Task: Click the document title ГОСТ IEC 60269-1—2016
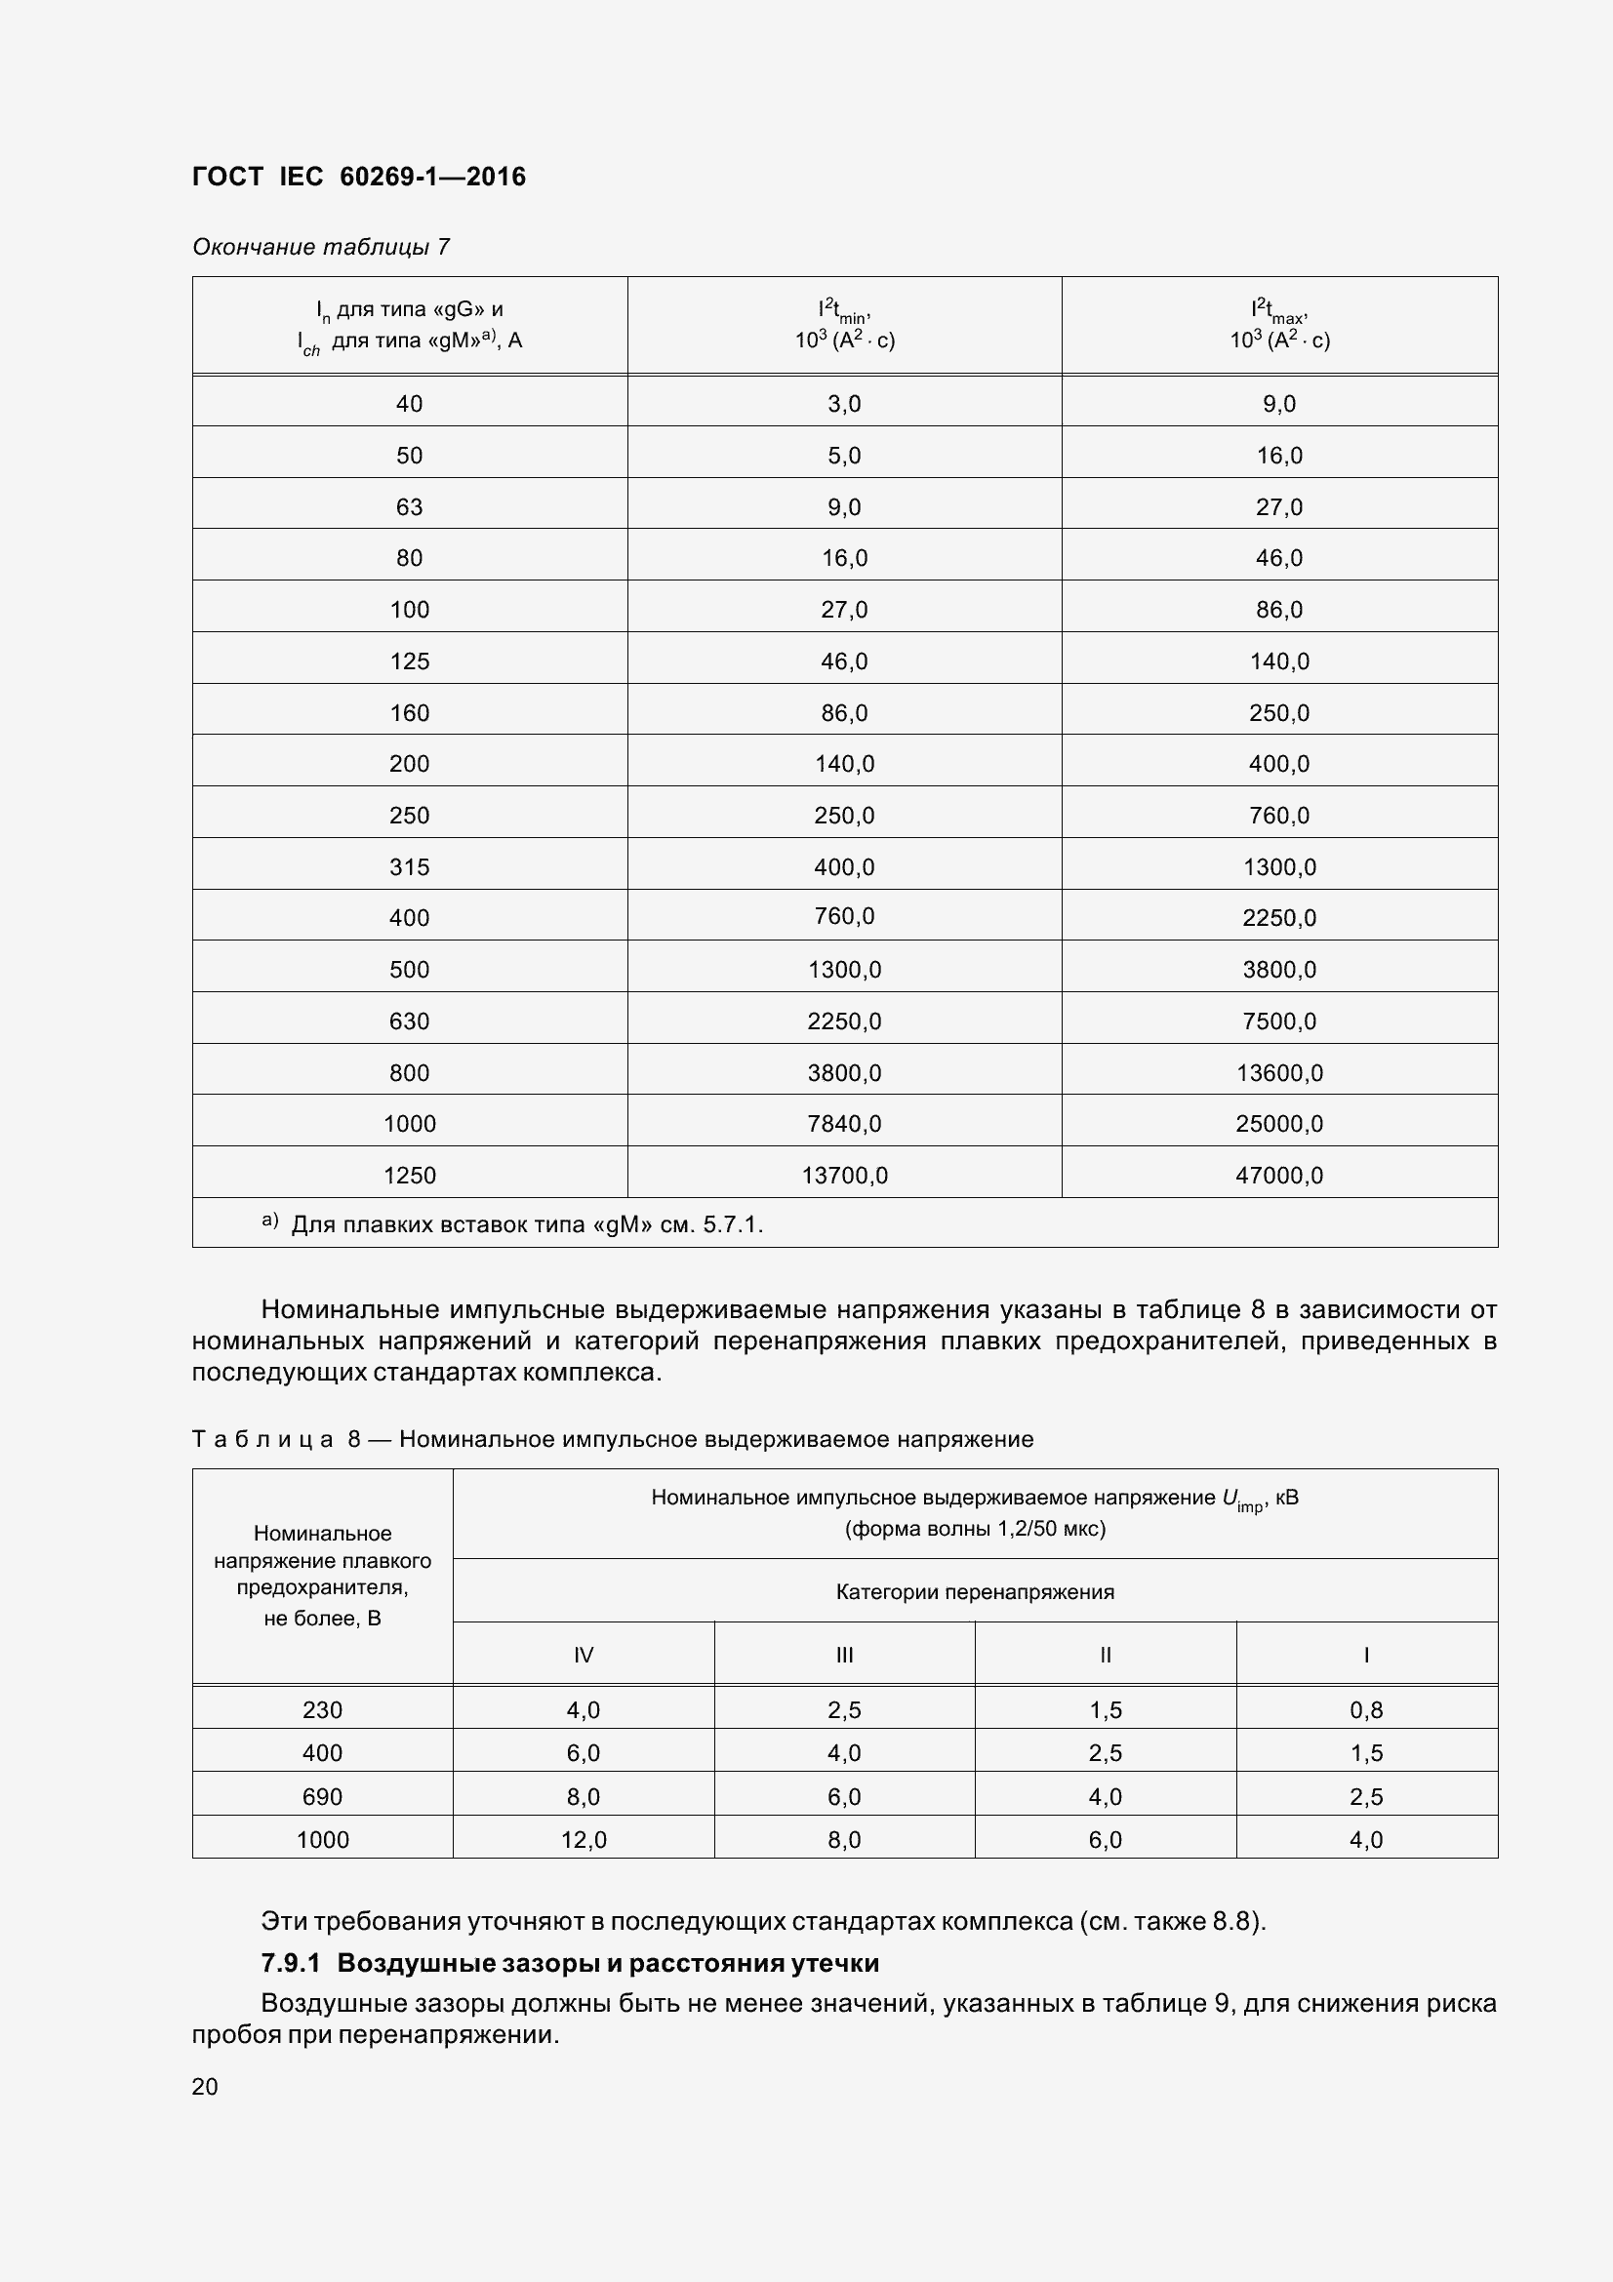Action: click(x=359, y=177)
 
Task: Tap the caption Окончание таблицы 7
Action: click(x=320, y=247)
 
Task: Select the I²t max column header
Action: click(x=1279, y=325)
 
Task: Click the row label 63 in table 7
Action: click(x=410, y=507)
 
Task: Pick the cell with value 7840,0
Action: click(x=844, y=1123)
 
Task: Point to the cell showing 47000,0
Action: click(x=1279, y=1175)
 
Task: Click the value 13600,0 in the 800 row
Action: click(x=1279, y=1072)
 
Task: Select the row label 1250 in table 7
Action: click(x=410, y=1175)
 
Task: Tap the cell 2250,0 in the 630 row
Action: click(x=844, y=1021)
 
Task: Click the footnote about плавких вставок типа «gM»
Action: click(x=527, y=1224)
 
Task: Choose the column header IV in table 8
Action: click(x=584, y=1655)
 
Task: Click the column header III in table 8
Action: click(x=844, y=1655)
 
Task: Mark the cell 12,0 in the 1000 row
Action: click(x=584, y=1840)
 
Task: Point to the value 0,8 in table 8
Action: click(x=1366, y=1709)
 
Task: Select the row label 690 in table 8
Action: click(x=322, y=1796)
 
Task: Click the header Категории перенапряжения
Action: click(x=974, y=1591)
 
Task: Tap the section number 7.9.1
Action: click(x=290, y=1963)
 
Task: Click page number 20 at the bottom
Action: click(x=205, y=2086)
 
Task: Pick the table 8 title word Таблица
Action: click(x=262, y=1439)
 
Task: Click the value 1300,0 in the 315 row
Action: click(x=1279, y=866)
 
